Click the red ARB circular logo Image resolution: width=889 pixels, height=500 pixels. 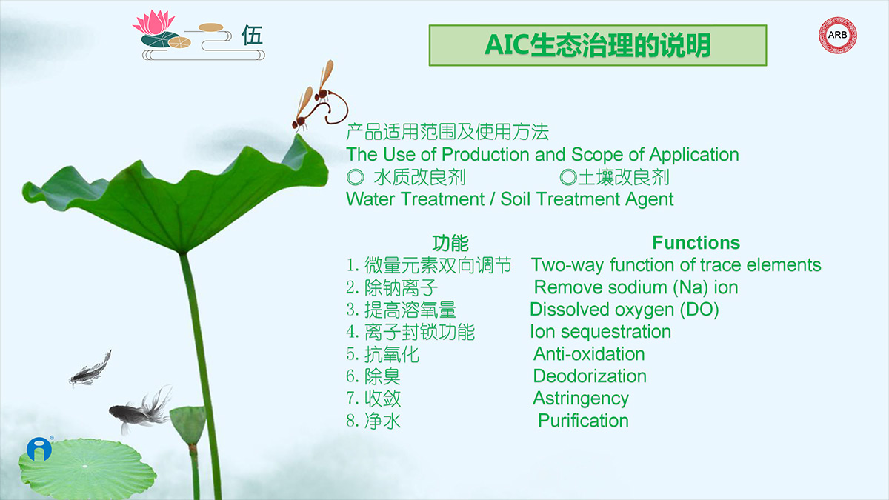pos(837,35)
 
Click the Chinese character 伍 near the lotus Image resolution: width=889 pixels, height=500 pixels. pos(252,35)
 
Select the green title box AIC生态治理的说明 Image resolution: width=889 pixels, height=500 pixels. pos(598,45)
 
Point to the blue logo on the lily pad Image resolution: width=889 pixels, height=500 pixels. pos(39,449)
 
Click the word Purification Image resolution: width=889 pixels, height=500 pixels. pos(583,421)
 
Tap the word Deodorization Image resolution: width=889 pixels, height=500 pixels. pos(590,376)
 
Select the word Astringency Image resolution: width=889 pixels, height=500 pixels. pos(581,399)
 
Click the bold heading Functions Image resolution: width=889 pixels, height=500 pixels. pos(696,242)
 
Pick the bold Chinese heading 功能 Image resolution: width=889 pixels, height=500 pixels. pos(450,243)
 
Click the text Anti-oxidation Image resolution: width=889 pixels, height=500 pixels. pos(589,354)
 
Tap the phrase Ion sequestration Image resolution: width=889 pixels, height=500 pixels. pos(601,332)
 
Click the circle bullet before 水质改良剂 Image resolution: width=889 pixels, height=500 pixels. pos(355,177)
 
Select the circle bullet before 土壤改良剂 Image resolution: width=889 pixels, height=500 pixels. pos(568,177)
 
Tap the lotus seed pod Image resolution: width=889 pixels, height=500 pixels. pos(187,424)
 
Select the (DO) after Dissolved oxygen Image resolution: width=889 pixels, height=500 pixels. pos(699,310)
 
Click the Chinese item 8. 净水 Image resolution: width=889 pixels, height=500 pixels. pos(373,421)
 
